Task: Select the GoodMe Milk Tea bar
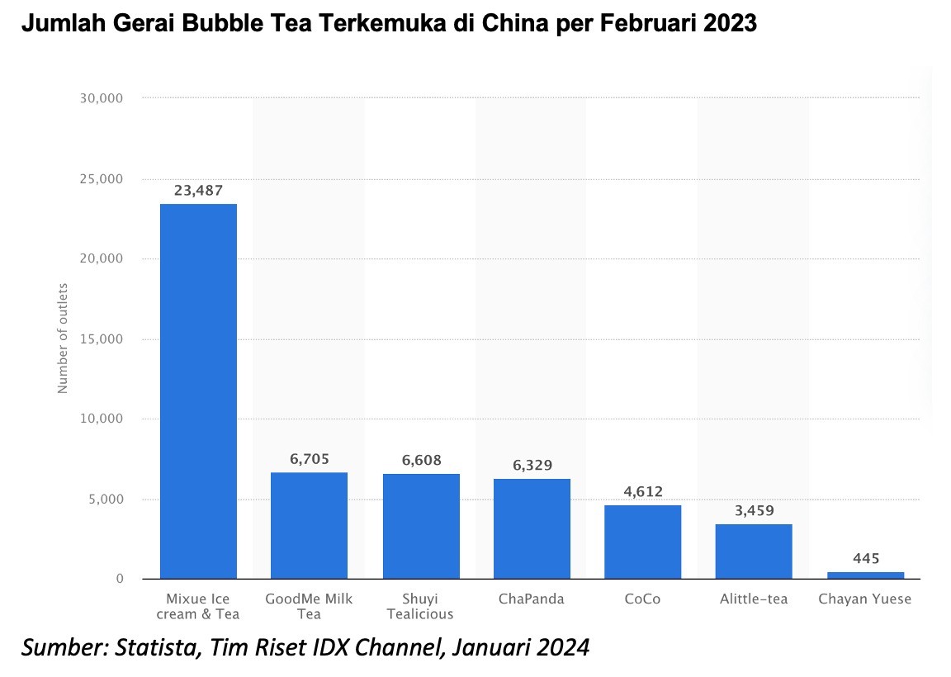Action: coord(309,525)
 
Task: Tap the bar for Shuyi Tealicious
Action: coord(421,526)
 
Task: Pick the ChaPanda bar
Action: coord(532,528)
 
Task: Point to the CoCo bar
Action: coord(642,542)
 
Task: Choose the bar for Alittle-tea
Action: coord(754,551)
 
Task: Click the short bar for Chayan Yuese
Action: coord(865,575)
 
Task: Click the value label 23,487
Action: coord(198,190)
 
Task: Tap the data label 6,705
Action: coord(309,459)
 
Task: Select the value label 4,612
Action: coord(642,492)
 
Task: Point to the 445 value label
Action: coord(865,558)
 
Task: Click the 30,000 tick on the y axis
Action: coord(100,98)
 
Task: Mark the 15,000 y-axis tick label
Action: coord(100,338)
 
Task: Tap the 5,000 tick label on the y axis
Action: coord(104,499)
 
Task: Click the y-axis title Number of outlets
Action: coord(64,338)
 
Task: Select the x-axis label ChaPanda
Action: coord(532,599)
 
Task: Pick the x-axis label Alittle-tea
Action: coord(754,599)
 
